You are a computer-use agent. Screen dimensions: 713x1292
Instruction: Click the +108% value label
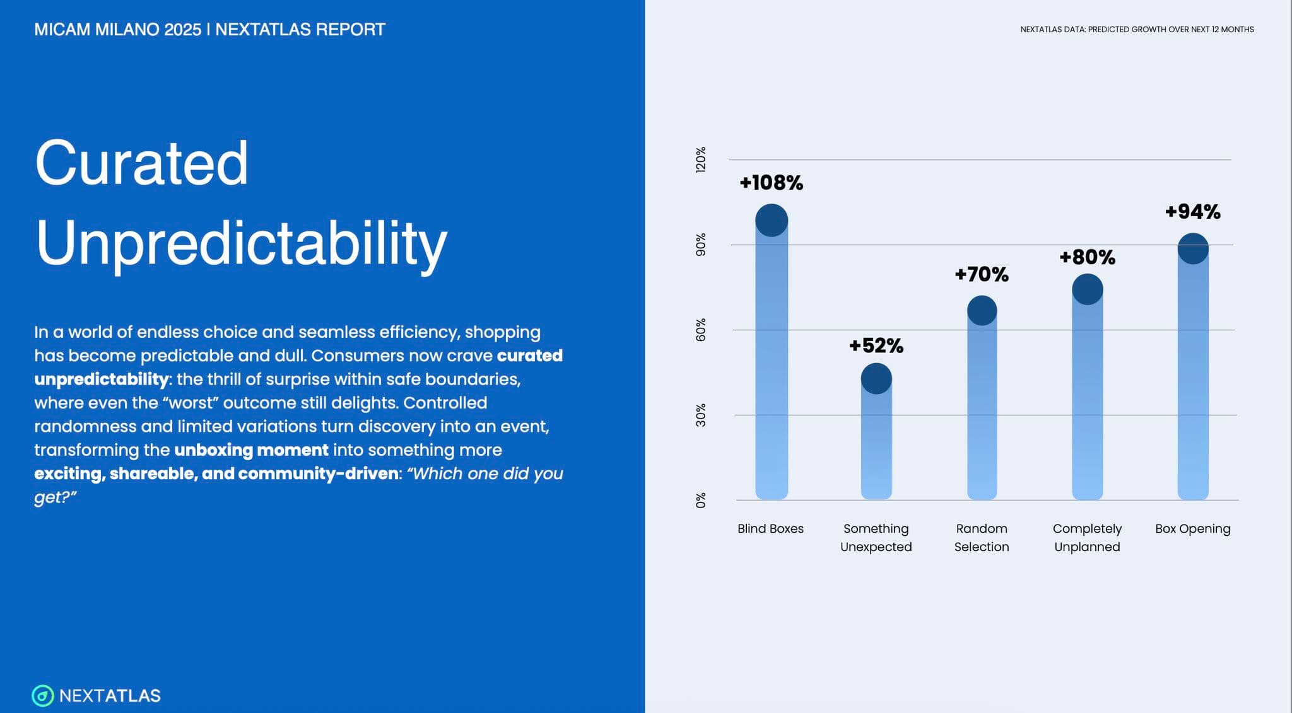[771, 183]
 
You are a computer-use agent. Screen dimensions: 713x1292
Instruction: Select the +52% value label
[876, 345]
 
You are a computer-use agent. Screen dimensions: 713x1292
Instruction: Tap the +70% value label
[981, 274]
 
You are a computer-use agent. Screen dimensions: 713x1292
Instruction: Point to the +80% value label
[1087, 257]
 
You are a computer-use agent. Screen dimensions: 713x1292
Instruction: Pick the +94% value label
[1192, 212]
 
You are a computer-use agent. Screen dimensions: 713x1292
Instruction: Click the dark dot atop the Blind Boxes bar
[772, 221]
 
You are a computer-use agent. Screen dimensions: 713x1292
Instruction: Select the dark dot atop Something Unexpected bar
[876, 378]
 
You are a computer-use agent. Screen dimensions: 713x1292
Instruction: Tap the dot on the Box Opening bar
[1193, 248]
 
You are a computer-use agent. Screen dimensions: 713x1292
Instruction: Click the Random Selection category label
[982, 538]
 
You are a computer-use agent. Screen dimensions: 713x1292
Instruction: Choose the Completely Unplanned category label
[1087, 538]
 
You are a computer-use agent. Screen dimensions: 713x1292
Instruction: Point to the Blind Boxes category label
[770, 529]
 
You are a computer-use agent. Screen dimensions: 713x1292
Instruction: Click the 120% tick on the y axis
[701, 160]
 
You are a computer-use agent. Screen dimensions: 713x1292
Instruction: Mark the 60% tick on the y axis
[701, 330]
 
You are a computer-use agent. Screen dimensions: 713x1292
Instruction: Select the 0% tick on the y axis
[701, 500]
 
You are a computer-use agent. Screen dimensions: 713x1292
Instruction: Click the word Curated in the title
[142, 163]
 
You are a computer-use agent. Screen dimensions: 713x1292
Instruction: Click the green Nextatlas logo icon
[43, 696]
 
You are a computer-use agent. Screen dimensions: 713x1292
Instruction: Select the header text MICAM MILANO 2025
[118, 30]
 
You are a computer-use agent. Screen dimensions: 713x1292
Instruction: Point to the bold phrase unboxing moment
[251, 450]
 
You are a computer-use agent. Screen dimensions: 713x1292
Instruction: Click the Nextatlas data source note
[1137, 30]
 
